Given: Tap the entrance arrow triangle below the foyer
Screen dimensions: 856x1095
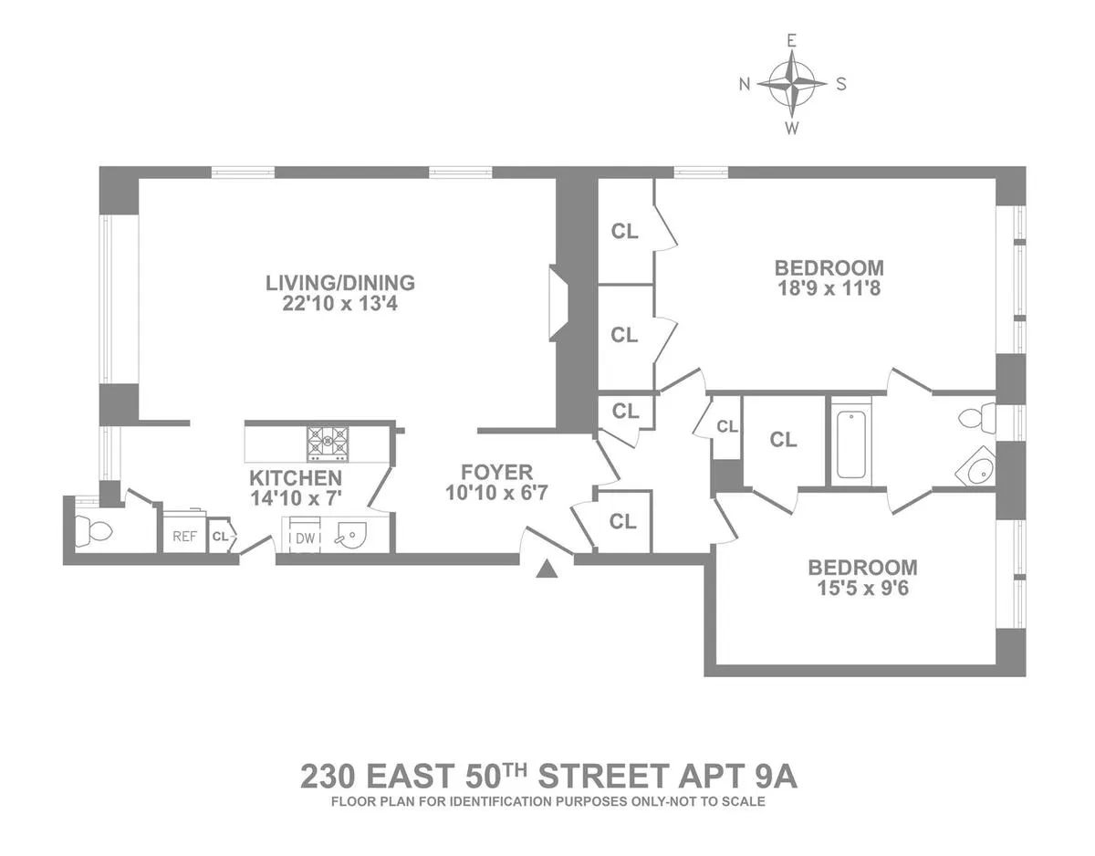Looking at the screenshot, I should pos(547,569).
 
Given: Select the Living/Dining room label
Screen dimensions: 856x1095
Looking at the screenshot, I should pos(340,283).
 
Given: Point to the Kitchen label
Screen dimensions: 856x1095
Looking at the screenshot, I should pos(297,478).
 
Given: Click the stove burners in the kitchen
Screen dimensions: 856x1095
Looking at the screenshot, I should pos(327,442).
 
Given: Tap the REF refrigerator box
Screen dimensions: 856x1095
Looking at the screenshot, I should pos(184,536).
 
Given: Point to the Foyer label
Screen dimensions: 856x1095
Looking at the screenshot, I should pos(496,473).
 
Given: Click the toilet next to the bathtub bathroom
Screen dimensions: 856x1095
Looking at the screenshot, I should pos(975,420).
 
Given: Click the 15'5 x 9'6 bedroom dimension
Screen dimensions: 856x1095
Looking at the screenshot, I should pos(862,588).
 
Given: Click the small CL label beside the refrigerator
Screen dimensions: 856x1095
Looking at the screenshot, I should pos(220,537).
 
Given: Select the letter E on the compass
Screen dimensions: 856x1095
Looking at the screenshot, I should pos(792,40).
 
